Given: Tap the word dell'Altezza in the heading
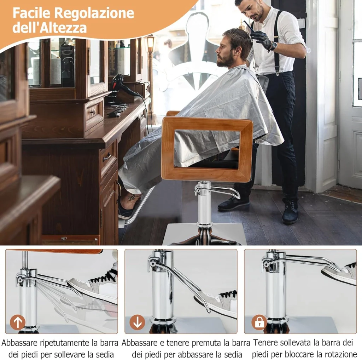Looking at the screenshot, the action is click(49, 28).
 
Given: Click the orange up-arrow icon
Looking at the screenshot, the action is click(18, 322).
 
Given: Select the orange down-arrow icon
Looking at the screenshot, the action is click(137, 322).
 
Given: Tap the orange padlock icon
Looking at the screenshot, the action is click(259, 322).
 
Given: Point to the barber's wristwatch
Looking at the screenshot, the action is click(273, 46).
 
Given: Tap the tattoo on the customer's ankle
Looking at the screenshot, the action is click(132, 198).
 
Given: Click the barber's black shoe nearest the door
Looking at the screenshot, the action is click(290, 212).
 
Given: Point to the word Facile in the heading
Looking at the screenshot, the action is click(31, 13).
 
